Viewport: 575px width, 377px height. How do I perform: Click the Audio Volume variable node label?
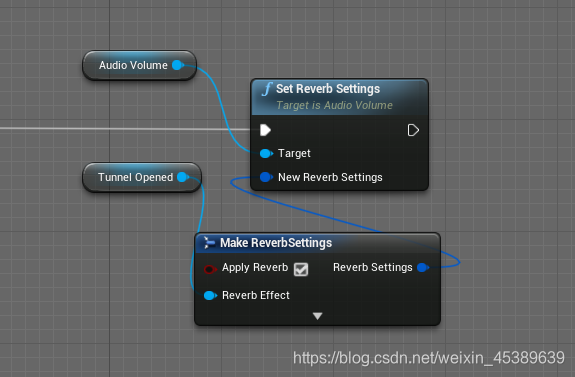[x=133, y=65]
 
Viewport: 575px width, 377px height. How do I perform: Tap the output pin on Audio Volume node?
[x=178, y=65]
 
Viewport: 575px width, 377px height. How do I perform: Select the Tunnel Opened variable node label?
[x=135, y=177]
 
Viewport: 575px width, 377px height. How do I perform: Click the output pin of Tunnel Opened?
[x=183, y=177]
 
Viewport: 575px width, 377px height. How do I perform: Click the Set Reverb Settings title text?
[x=328, y=89]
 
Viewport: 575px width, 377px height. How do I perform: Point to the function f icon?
[x=267, y=89]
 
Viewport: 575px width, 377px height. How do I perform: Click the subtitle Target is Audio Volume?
[x=334, y=106]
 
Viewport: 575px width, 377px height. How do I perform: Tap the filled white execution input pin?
[x=265, y=130]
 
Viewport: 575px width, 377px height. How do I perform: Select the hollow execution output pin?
[x=413, y=130]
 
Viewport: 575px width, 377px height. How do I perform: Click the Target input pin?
[x=266, y=153]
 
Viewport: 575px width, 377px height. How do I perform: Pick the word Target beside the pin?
[x=294, y=153]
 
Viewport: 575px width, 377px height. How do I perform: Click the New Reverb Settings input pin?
[x=266, y=177]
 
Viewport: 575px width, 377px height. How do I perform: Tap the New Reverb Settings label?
[x=330, y=177]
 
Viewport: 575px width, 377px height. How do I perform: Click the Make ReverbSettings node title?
[x=276, y=243]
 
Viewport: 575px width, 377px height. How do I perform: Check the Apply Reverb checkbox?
[x=301, y=269]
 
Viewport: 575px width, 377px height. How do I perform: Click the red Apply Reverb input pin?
[x=210, y=269]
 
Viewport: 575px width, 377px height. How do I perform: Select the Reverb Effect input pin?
[x=210, y=295]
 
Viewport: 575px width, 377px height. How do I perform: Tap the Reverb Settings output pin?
[x=423, y=267]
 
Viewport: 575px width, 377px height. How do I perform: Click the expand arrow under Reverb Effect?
[x=318, y=316]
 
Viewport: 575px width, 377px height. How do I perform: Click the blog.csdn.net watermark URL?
[x=429, y=358]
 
